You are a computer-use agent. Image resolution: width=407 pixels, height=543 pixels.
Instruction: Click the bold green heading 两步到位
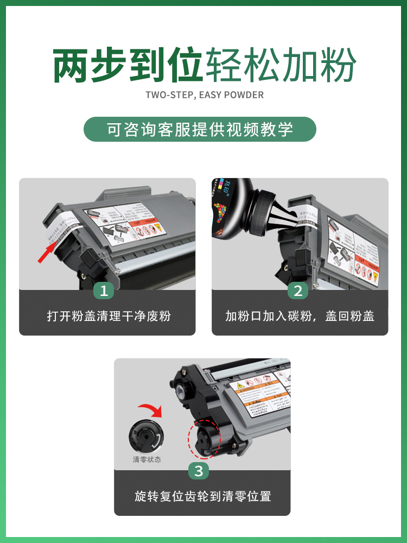coord(128,65)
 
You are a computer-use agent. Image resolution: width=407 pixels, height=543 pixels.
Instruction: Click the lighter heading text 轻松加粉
coord(280,65)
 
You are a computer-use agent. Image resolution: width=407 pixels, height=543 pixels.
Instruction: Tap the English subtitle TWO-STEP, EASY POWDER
coord(205,95)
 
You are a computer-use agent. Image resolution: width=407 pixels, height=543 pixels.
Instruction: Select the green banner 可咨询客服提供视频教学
coord(200,130)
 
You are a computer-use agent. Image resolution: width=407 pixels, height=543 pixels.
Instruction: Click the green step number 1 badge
coord(104,291)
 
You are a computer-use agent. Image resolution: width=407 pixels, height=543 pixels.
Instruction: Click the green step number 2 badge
coord(297,291)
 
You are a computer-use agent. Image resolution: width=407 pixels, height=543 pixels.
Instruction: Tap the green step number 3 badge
coord(199,471)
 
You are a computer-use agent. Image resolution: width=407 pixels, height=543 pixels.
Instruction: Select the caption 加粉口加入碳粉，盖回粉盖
coord(300,316)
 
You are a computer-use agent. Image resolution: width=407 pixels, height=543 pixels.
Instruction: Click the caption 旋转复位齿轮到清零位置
coord(202,496)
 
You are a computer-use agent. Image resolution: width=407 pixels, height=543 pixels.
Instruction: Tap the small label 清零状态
coord(147,459)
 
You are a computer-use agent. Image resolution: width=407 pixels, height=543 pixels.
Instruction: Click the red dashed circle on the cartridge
coord(205,438)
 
